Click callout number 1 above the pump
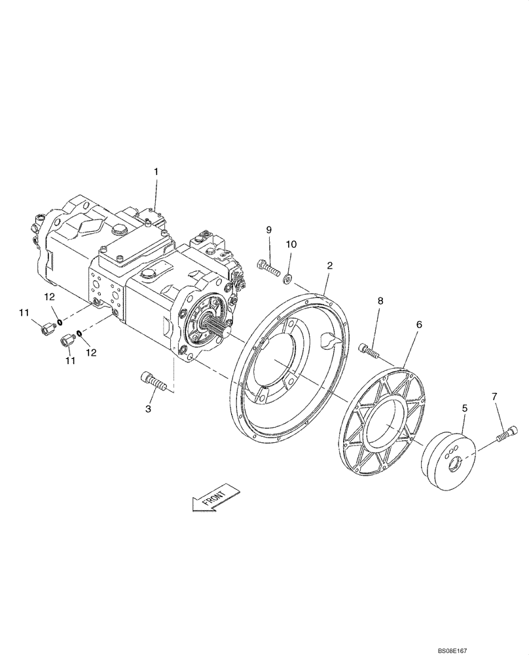156,172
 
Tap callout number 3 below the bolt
148,408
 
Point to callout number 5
464,408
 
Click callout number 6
419,324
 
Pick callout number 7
494,397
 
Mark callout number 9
268,229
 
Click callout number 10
291,244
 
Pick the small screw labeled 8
369,351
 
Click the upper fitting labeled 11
46,327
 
